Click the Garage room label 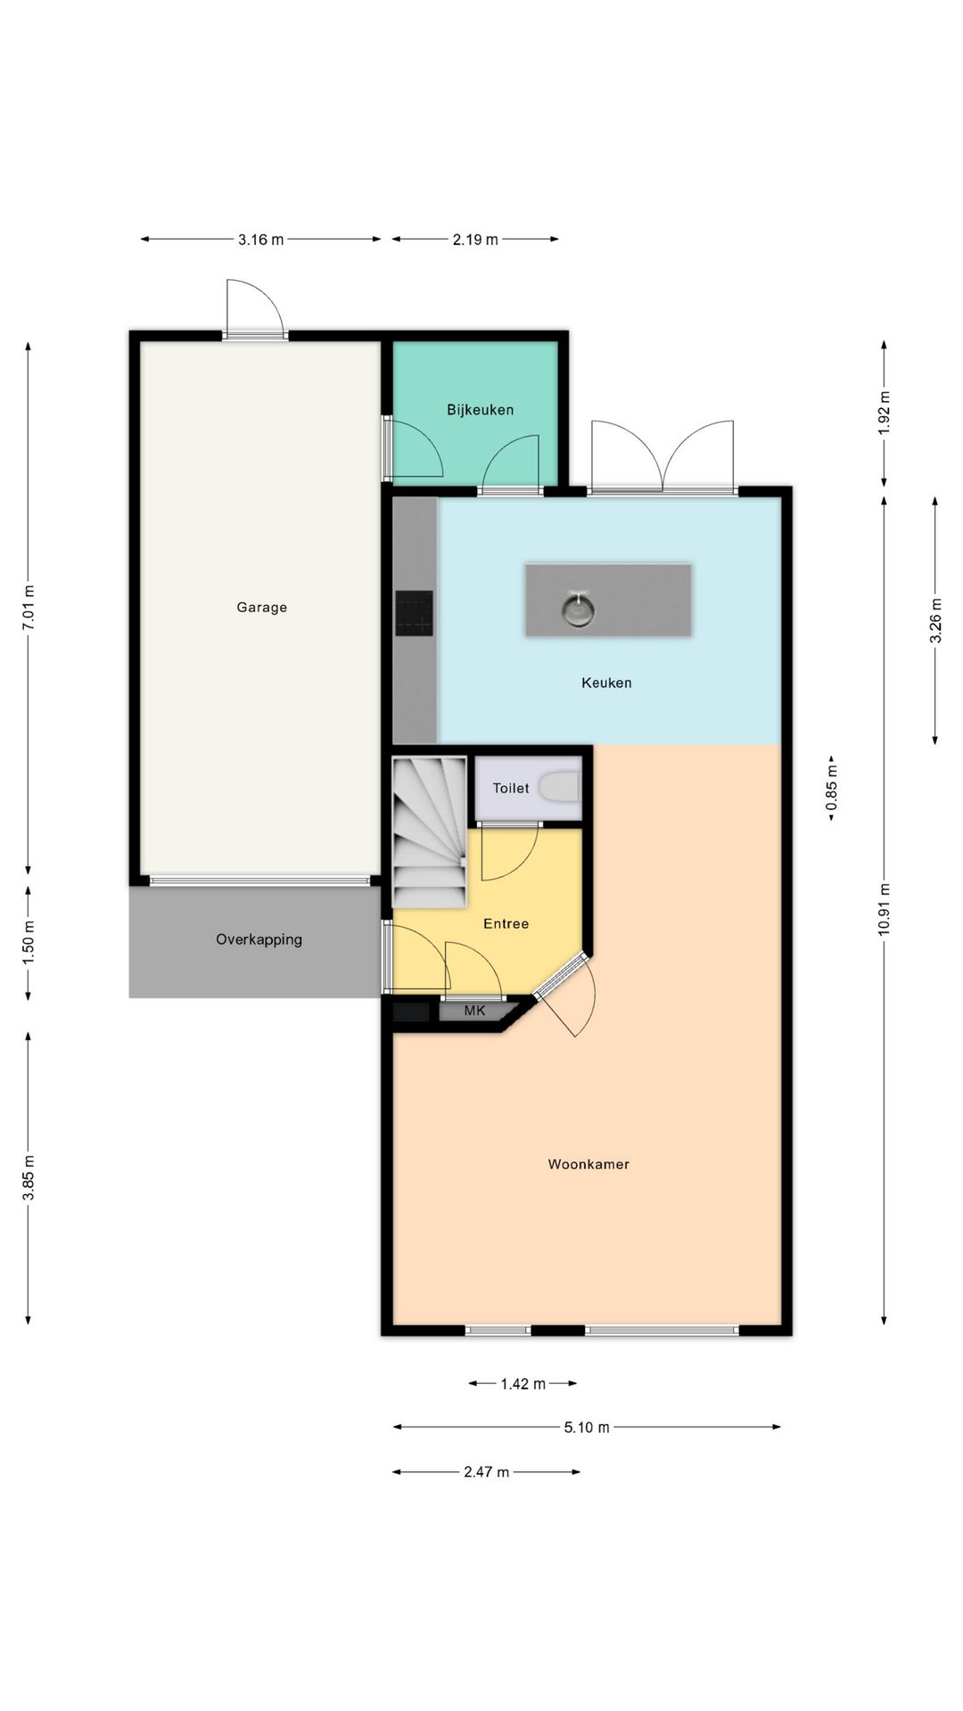[x=261, y=608]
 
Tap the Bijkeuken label [x=480, y=410]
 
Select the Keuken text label [x=606, y=683]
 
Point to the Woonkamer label [x=588, y=1164]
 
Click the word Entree [x=506, y=924]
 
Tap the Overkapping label [x=259, y=939]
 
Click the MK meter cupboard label [x=475, y=1011]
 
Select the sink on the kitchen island [x=578, y=609]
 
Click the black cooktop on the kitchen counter [x=415, y=614]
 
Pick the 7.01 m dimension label [x=29, y=609]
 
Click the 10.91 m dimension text [x=884, y=909]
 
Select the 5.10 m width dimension [x=587, y=1428]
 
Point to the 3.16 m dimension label [x=260, y=239]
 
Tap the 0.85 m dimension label [x=831, y=789]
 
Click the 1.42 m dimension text [x=523, y=1384]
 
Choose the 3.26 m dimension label [x=935, y=620]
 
